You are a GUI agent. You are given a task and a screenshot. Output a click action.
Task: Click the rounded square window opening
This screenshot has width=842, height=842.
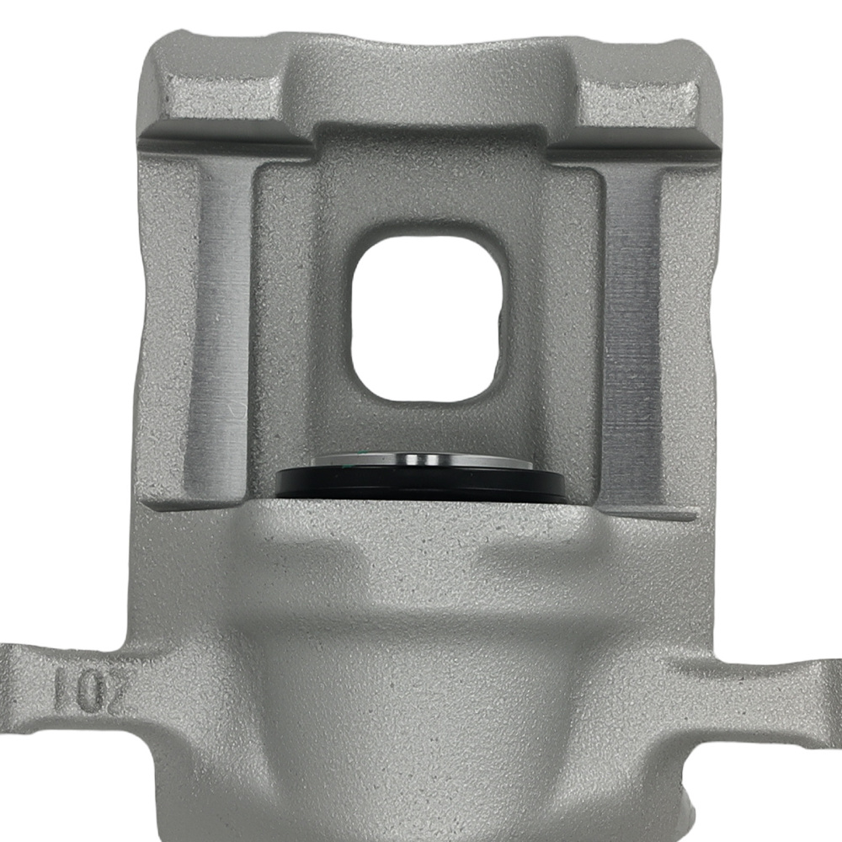click(429, 317)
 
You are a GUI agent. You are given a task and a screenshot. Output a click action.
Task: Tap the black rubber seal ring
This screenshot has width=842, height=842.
click(421, 487)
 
